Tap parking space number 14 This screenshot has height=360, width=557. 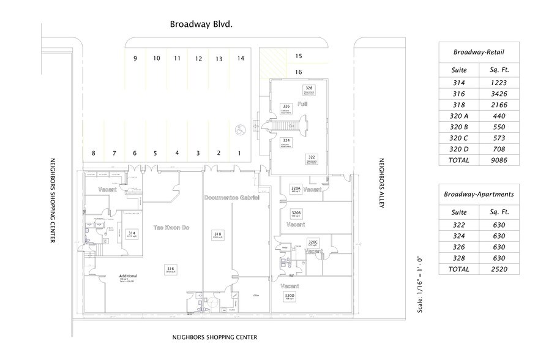click(241, 58)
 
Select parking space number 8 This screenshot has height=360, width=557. click(93, 153)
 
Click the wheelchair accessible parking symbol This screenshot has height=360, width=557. click(239, 129)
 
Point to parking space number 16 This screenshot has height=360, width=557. click(299, 72)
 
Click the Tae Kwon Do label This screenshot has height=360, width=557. click(170, 228)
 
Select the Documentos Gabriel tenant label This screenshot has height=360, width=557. click(232, 199)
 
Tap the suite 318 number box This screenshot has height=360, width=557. click(217, 236)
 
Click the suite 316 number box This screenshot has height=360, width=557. click(170, 270)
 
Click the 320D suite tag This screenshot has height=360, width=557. click(290, 297)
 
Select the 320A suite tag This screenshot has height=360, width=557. click(296, 189)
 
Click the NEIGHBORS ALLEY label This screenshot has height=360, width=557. click(381, 184)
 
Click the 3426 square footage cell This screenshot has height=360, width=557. click(495, 94)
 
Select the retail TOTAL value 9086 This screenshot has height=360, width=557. click(495, 160)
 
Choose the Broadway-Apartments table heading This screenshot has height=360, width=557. click(479, 194)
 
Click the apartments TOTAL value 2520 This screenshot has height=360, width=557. click(495, 269)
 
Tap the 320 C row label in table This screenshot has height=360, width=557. click(458, 138)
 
